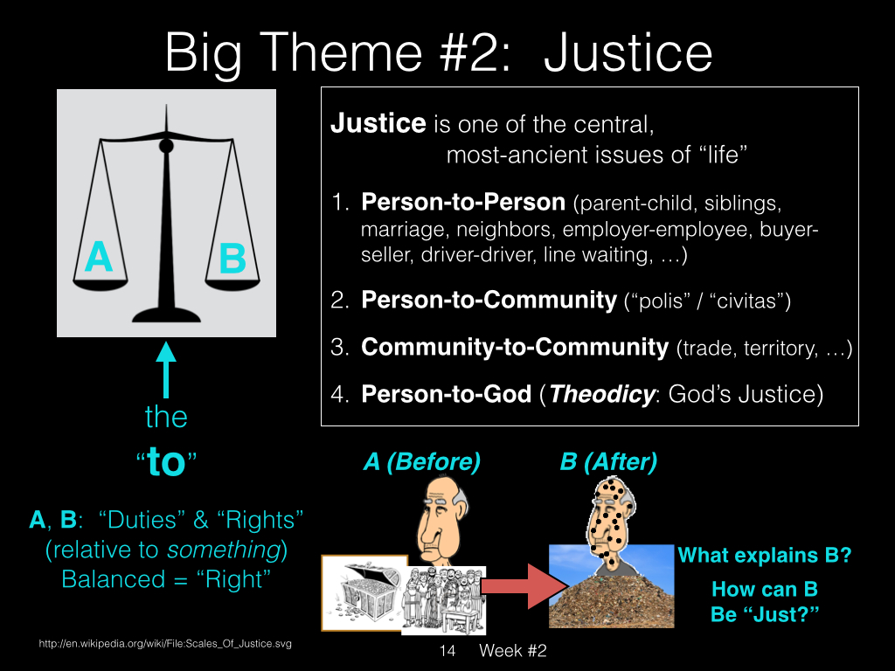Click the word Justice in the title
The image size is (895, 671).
point(628,53)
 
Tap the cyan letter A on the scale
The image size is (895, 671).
point(99,257)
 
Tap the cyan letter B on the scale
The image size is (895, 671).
point(232,258)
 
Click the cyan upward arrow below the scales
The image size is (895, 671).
point(166,370)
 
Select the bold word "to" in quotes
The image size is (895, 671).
point(166,461)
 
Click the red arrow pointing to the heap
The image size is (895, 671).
point(524,586)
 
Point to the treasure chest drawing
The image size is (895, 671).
point(364,593)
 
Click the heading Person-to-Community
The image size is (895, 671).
point(489,301)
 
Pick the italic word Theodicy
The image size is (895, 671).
point(601,394)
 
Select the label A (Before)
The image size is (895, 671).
point(422,461)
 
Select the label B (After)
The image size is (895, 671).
point(608,461)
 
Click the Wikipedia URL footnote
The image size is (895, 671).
point(165,644)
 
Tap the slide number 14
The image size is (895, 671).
point(447,650)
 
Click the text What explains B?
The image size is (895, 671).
point(764,555)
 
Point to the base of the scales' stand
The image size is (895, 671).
point(166,315)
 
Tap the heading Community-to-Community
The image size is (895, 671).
point(515,347)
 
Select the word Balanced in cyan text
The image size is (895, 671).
point(114,579)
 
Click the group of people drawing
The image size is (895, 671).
point(443,600)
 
